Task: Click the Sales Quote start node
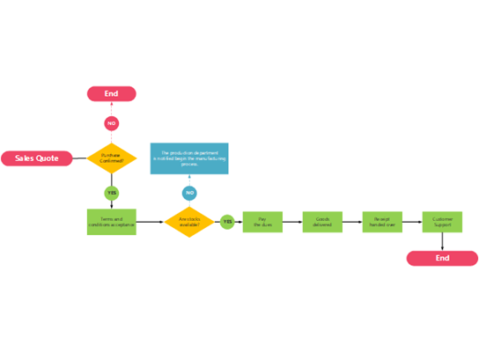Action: click(36, 158)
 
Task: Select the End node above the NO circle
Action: click(111, 93)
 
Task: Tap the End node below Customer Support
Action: click(442, 258)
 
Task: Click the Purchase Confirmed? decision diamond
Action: click(112, 158)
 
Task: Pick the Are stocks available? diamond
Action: click(189, 222)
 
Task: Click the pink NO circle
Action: click(111, 124)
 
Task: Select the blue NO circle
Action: click(189, 193)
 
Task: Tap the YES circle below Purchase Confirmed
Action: click(112, 193)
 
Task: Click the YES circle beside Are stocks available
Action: click(227, 222)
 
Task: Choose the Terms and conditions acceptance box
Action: click(112, 222)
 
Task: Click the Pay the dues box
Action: click(262, 222)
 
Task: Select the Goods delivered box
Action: click(322, 222)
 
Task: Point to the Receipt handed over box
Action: click(382, 222)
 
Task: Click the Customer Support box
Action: click(442, 222)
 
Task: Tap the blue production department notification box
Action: click(189, 158)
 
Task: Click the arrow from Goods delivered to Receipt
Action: click(352, 222)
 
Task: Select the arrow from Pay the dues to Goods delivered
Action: click(292, 222)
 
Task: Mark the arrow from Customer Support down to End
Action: click(442, 241)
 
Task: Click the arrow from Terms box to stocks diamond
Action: click(150, 222)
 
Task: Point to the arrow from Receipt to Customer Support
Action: click(412, 222)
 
